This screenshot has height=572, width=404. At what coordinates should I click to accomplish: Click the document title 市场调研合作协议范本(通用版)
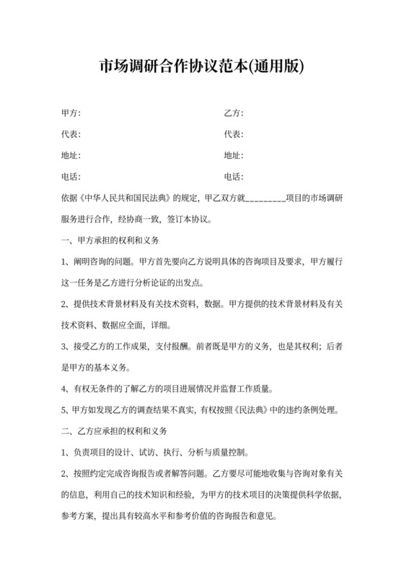click(x=202, y=67)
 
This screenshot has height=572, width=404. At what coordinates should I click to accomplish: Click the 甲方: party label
click(x=71, y=113)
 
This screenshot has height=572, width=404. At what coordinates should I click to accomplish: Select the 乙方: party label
click(x=233, y=113)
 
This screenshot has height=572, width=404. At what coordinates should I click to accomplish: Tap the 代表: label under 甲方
click(x=71, y=134)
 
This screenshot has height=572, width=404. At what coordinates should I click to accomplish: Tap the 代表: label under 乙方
click(x=233, y=134)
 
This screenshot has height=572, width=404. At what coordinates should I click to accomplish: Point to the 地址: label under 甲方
click(x=71, y=155)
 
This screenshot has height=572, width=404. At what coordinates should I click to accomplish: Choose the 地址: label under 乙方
click(x=233, y=155)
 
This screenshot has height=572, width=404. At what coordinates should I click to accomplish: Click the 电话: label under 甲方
click(x=71, y=176)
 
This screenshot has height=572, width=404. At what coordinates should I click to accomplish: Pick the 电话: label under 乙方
click(x=233, y=176)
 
